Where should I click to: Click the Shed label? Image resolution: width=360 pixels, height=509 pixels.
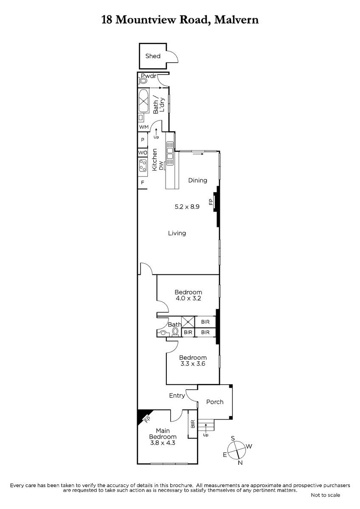tap(153, 56)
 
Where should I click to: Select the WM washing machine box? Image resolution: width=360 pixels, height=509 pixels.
tap(143, 127)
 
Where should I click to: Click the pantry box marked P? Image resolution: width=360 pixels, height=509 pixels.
tap(143, 140)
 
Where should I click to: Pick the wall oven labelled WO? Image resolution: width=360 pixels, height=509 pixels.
tap(143, 153)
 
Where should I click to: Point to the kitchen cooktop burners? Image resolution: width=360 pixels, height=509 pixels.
tap(143, 165)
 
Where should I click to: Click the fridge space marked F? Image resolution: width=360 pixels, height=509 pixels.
tap(143, 182)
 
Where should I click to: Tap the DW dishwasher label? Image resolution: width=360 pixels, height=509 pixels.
tap(161, 166)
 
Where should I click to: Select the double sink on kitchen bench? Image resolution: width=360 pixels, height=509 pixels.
tap(170, 154)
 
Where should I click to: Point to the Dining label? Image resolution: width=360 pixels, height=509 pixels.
tap(198, 180)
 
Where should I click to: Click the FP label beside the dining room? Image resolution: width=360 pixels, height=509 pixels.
tap(211, 202)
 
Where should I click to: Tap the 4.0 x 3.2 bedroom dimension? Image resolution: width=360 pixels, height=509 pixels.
tap(188, 298)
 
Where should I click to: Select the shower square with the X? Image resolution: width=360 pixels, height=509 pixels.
tap(188, 322)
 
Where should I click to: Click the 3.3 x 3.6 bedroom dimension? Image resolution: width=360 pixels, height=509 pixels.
tap(193, 364)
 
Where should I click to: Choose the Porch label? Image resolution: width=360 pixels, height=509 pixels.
tap(215, 402)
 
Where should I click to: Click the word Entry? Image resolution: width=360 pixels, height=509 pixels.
tap(177, 396)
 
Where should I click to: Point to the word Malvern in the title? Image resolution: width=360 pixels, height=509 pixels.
tap(236, 20)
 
